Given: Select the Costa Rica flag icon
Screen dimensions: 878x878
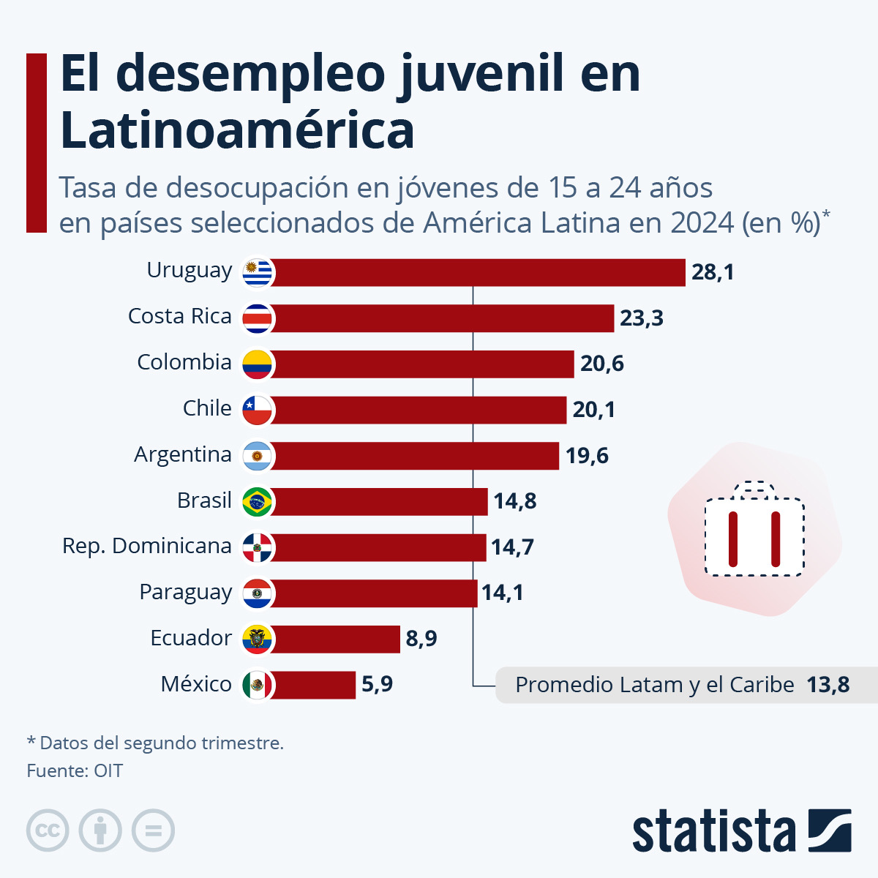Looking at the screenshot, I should pyautogui.click(x=258, y=318).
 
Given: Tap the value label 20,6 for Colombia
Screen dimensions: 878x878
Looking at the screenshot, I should pyautogui.click(x=602, y=364).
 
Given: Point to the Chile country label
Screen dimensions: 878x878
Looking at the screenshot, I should pyautogui.click(x=207, y=408).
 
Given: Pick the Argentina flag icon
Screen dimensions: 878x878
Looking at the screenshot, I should pyautogui.click(x=258, y=456).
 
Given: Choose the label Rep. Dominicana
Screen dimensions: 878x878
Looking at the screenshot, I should pyautogui.click(x=147, y=546).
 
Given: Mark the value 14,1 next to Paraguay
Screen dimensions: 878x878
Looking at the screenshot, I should pyautogui.click(x=503, y=592).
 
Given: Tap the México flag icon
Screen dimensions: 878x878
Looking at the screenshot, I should pyautogui.click(x=258, y=685).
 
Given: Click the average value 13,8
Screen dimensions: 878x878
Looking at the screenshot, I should pyautogui.click(x=828, y=685).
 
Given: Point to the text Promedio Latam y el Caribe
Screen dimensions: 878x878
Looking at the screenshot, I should pyautogui.click(x=654, y=685).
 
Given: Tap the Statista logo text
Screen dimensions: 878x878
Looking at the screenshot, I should pyautogui.click(x=713, y=831).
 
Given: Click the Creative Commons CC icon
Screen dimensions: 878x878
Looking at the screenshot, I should pyautogui.click(x=48, y=830).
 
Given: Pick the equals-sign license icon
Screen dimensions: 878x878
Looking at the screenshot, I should pyautogui.click(x=153, y=830).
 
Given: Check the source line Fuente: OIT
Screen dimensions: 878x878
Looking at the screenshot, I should pyautogui.click(x=75, y=770).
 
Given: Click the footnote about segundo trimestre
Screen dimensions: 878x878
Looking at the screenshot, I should pyautogui.click(x=155, y=743).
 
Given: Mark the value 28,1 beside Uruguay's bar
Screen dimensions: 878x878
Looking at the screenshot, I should pyautogui.click(x=713, y=272).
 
